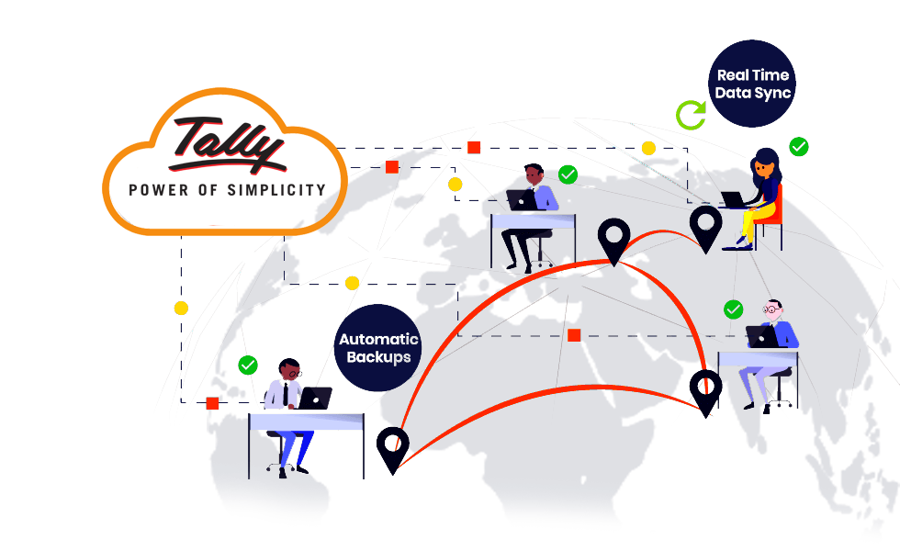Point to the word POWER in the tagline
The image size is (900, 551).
pyautogui.click(x=155, y=190)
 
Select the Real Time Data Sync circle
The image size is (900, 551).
pyautogui.click(x=753, y=84)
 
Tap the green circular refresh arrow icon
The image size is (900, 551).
pyautogui.click(x=692, y=115)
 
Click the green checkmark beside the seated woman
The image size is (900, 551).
pyautogui.click(x=799, y=146)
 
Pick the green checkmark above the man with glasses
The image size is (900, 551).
pyautogui.click(x=733, y=309)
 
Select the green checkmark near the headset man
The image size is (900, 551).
pyautogui.click(x=248, y=365)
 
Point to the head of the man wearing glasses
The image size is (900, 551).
pyautogui.click(x=773, y=310)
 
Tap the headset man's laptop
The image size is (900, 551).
pyautogui.click(x=316, y=398)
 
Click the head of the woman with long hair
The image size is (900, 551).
pyautogui.click(x=763, y=165)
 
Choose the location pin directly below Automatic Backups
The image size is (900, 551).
pyautogui.click(x=393, y=447)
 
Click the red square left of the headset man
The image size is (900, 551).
pyautogui.click(x=212, y=402)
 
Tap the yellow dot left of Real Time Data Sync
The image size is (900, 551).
pyautogui.click(x=648, y=148)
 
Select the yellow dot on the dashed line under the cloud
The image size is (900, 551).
pyautogui.click(x=181, y=308)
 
